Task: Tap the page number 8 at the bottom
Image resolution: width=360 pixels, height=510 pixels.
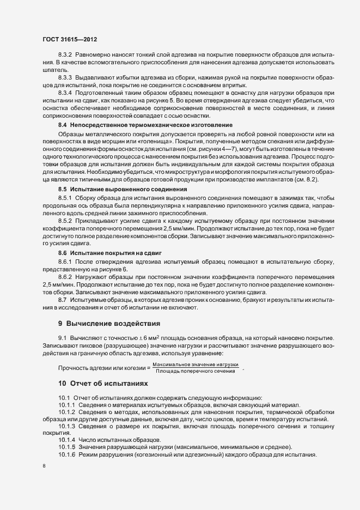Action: [44, 466]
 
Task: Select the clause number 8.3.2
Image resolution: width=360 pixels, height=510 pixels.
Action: [66, 56]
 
